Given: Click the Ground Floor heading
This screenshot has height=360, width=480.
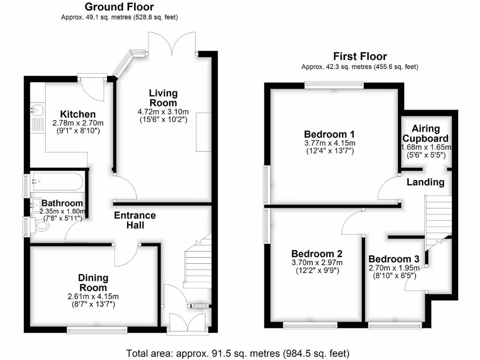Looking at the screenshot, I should point(119,7).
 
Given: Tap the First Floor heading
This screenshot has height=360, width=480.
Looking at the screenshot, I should point(360,57).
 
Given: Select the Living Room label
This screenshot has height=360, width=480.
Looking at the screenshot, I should point(163,98).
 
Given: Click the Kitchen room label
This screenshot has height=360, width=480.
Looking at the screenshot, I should point(78,114).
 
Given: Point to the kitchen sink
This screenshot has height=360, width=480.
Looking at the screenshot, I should point(37,110).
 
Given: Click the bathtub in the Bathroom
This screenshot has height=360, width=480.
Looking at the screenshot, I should point(57,181).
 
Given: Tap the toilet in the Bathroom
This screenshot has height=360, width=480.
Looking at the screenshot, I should point(41,226).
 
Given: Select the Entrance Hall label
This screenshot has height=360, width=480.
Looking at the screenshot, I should point(135,220).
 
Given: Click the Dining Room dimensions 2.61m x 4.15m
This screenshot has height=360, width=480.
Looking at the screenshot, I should point(93,296).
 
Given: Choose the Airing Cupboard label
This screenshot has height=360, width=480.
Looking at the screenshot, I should point(426,134).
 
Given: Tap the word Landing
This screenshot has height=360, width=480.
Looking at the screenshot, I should point(425,182).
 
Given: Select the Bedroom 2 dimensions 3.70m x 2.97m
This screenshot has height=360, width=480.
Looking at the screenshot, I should point(317,262).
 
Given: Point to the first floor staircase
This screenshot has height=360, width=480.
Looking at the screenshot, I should point(438,218).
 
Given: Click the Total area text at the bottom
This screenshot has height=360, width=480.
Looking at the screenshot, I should point(239,353).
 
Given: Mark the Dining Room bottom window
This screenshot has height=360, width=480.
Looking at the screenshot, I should point(97,330).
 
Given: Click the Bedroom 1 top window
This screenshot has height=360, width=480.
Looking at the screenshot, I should point(334,85).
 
